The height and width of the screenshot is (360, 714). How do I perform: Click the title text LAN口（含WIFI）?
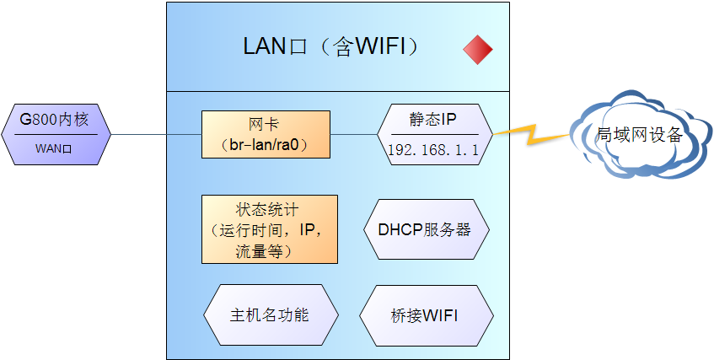click(330, 47)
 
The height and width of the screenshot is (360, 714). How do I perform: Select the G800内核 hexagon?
click(56, 133)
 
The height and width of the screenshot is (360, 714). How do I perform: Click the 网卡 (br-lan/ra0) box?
click(266, 134)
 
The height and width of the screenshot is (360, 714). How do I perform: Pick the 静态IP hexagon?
click(433, 134)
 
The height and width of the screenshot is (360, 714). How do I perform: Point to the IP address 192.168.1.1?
click(433, 149)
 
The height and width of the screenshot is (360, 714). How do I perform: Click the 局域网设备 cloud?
click(640, 135)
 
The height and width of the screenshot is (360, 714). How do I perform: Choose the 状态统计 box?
click(269, 229)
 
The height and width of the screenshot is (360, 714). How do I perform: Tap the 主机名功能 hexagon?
click(271, 315)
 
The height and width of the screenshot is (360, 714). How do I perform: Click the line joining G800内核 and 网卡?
click(156, 134)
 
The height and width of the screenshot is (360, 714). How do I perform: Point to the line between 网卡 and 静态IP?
click(353, 134)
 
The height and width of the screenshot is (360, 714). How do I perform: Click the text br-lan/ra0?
click(267, 145)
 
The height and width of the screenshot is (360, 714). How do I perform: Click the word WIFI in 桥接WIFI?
click(439, 316)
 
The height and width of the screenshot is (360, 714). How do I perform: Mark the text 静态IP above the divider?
click(433, 120)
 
